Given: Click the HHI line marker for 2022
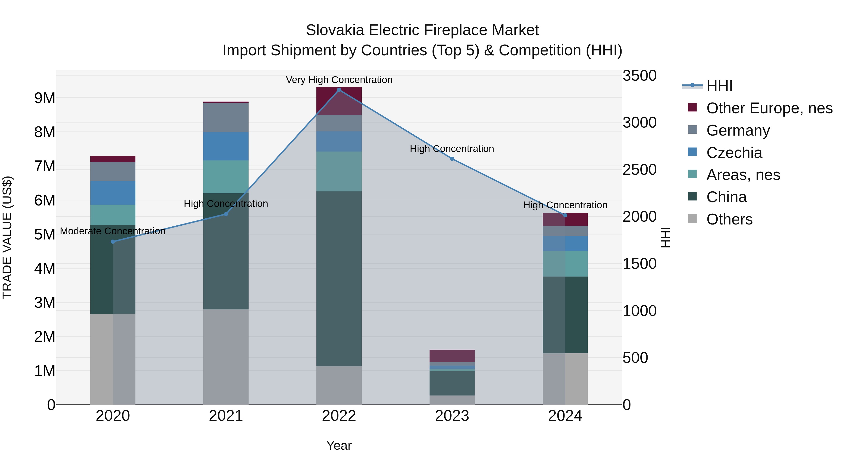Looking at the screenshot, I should click(x=339, y=90).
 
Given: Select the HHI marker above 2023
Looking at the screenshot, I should click(x=452, y=159).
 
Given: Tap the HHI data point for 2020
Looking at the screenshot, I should click(x=113, y=242).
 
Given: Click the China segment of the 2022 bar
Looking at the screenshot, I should click(x=339, y=279).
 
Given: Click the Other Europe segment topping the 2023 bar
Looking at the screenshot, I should click(x=452, y=356).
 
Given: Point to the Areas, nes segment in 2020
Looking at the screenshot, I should click(x=113, y=215).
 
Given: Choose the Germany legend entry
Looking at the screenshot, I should click(x=738, y=130).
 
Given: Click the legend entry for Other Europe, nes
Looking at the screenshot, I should click(x=769, y=108).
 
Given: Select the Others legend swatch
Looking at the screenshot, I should click(x=692, y=219).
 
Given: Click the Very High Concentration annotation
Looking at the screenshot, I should click(x=339, y=80).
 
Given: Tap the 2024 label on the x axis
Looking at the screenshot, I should click(x=565, y=416).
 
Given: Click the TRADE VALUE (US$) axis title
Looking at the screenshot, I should click(x=7, y=237).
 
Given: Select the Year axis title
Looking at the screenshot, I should click(x=339, y=445).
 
